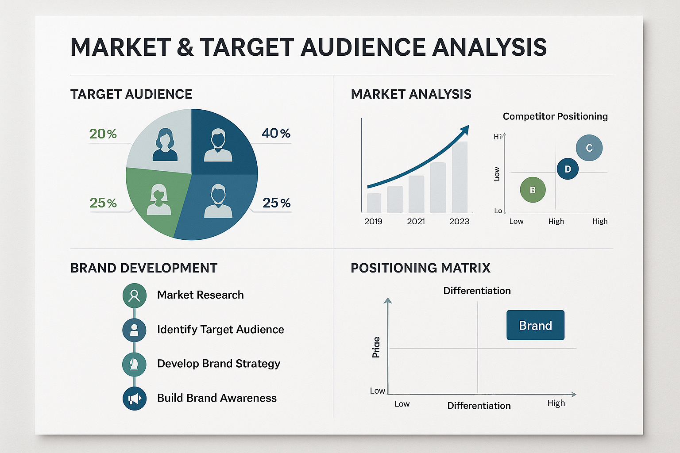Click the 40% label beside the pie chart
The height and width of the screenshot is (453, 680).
click(276, 133)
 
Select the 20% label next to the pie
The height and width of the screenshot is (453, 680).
click(103, 134)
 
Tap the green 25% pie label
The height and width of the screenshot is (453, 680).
click(103, 203)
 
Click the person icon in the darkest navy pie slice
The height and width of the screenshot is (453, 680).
click(218, 145)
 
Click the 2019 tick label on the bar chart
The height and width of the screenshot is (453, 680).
click(373, 221)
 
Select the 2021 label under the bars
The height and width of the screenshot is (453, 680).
click(416, 221)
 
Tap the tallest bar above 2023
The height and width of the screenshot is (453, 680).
click(459, 177)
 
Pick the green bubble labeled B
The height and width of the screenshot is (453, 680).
click(533, 190)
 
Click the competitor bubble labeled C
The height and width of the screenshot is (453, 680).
click(589, 148)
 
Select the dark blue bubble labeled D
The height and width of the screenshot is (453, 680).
click(568, 169)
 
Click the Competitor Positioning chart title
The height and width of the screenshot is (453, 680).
click(555, 116)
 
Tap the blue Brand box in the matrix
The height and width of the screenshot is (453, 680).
click(535, 325)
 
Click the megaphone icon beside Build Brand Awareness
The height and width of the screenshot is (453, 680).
click(134, 398)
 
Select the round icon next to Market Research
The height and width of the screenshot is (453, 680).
click(134, 295)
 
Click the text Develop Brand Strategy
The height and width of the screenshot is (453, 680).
click(219, 364)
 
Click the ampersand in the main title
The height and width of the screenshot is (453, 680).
click(185, 47)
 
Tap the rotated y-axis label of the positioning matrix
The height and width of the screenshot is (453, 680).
click(376, 347)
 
